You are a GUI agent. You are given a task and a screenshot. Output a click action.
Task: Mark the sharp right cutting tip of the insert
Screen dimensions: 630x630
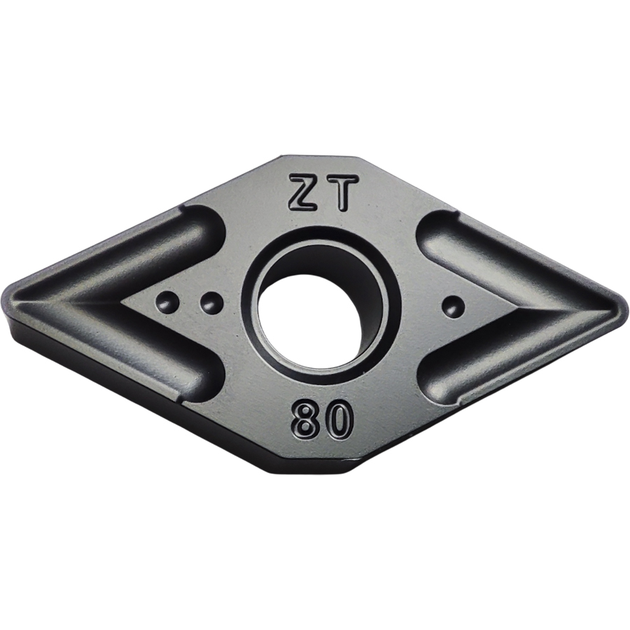626,309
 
